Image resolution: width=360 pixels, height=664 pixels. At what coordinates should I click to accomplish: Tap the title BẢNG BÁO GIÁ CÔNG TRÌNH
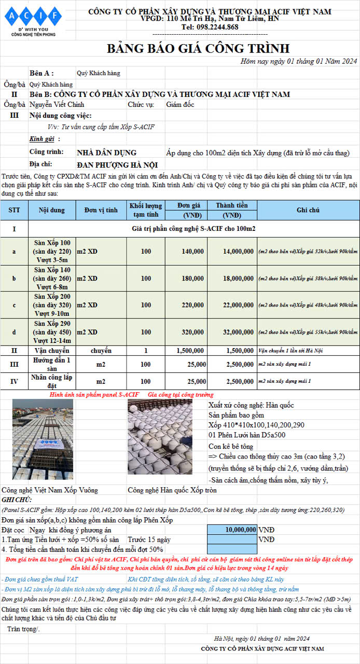pos(198,49)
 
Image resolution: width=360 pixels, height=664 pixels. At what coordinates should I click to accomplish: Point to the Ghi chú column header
pos(308,210)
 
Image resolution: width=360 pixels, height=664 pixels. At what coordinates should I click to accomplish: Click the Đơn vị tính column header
pos(101,210)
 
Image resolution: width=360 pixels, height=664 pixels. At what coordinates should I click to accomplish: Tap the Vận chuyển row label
pos(51,351)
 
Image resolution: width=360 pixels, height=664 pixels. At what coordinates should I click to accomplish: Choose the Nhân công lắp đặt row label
pos(51,381)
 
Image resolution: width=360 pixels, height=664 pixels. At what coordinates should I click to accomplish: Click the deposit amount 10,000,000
pos(232,530)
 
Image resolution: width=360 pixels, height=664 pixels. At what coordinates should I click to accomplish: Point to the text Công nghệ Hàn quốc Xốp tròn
pos(172,490)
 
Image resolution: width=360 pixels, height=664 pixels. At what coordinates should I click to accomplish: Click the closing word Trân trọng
pos(23,629)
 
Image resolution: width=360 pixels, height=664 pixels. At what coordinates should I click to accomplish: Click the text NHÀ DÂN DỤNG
pos(106,153)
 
